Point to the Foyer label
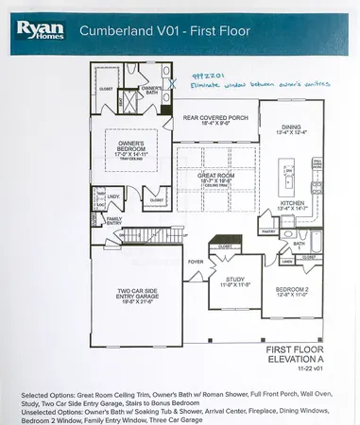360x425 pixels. [196, 262]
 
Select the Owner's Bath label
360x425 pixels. [151, 90]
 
